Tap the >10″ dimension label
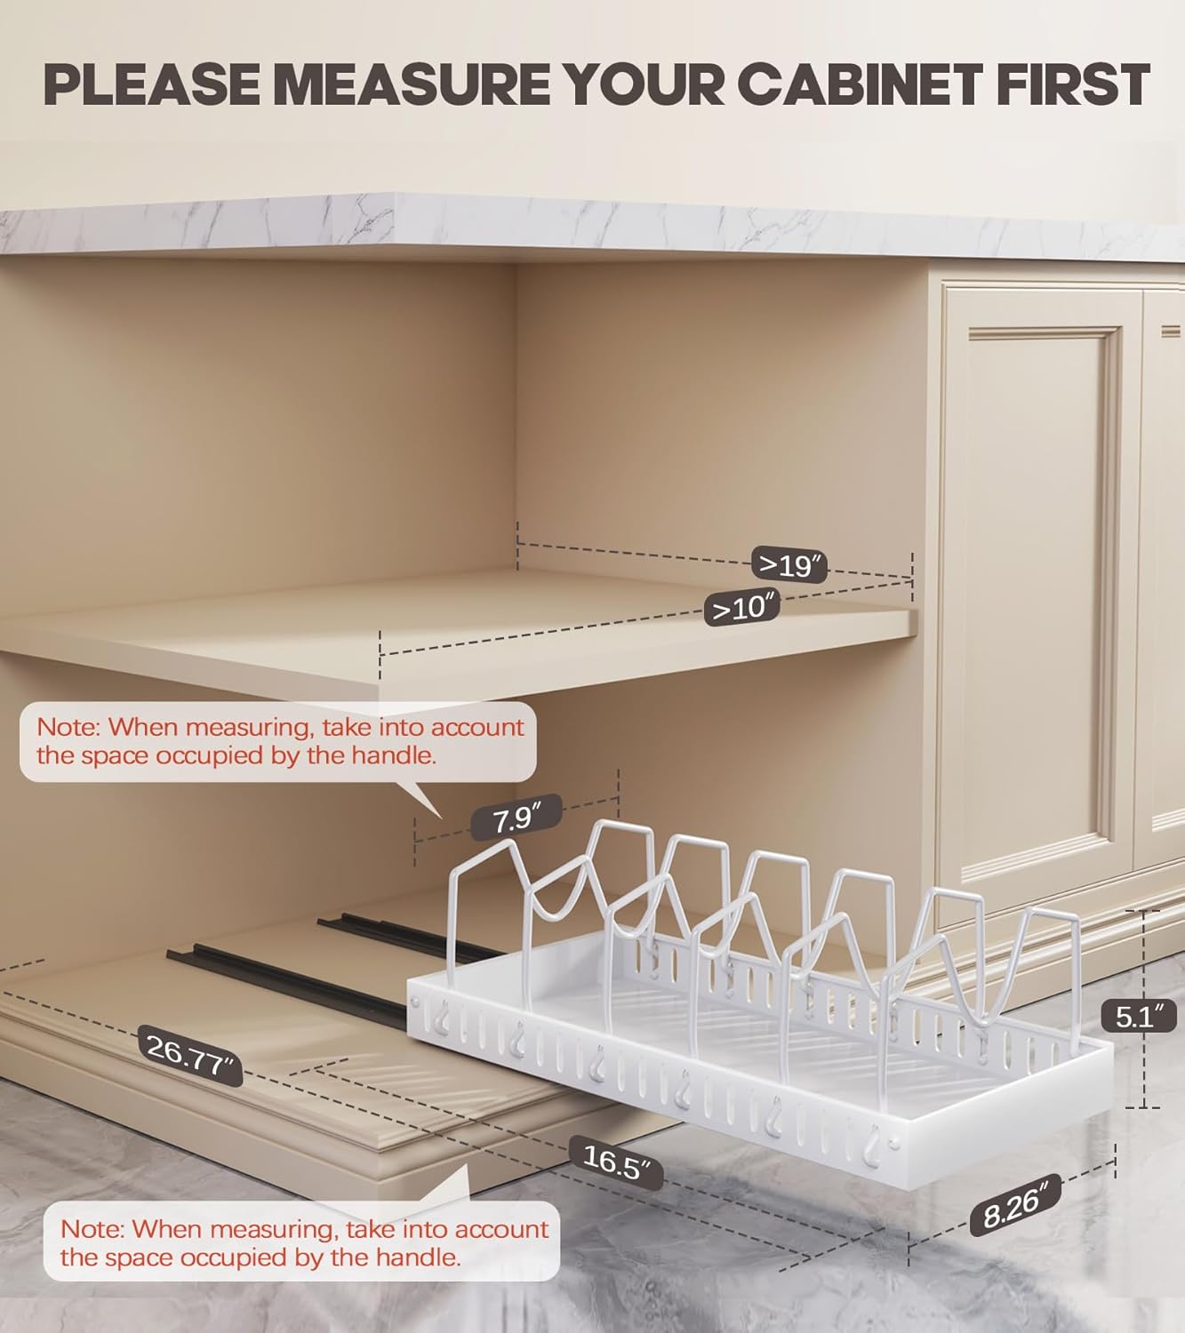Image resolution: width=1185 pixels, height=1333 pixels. pyautogui.click(x=742, y=609)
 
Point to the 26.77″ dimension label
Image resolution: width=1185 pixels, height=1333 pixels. pyautogui.click(x=190, y=1053)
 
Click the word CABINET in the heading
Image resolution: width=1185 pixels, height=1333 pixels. pyautogui.click(x=860, y=85)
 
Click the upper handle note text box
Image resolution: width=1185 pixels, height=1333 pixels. pyautogui.click(x=279, y=741)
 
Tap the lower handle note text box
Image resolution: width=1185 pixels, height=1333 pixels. pyautogui.click(x=303, y=1242)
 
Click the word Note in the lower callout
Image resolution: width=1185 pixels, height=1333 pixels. pyautogui.click(x=92, y=1229)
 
